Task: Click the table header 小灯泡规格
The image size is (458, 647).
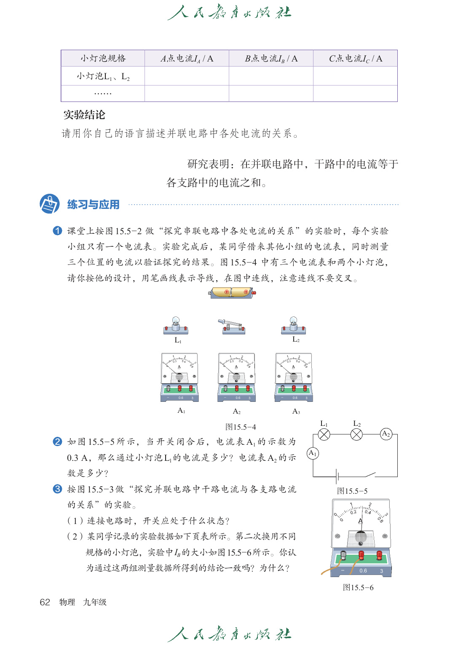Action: (103, 59)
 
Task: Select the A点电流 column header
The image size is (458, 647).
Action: (187, 59)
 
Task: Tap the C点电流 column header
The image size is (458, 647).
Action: (355, 59)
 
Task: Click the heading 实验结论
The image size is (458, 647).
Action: (84, 115)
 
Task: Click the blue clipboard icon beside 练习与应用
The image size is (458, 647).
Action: (49, 204)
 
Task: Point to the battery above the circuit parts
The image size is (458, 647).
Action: (233, 292)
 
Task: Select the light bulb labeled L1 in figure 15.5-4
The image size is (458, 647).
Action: (176, 326)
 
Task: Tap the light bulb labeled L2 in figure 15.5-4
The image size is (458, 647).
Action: (293, 325)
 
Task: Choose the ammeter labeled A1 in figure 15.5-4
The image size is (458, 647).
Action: (180, 377)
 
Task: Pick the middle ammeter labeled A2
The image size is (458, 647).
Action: (237, 377)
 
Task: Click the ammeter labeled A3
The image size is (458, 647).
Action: (294, 377)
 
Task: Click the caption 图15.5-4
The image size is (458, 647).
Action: (241, 427)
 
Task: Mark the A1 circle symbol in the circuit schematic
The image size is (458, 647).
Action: (313, 453)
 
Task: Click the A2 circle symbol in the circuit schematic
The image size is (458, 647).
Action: (386, 434)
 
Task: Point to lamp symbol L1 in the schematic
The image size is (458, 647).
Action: (324, 434)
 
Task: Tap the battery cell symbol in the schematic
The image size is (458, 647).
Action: (337, 476)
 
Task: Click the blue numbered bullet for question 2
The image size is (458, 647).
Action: (57, 441)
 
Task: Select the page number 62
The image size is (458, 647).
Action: (45, 602)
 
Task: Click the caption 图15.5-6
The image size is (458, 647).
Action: (358, 588)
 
